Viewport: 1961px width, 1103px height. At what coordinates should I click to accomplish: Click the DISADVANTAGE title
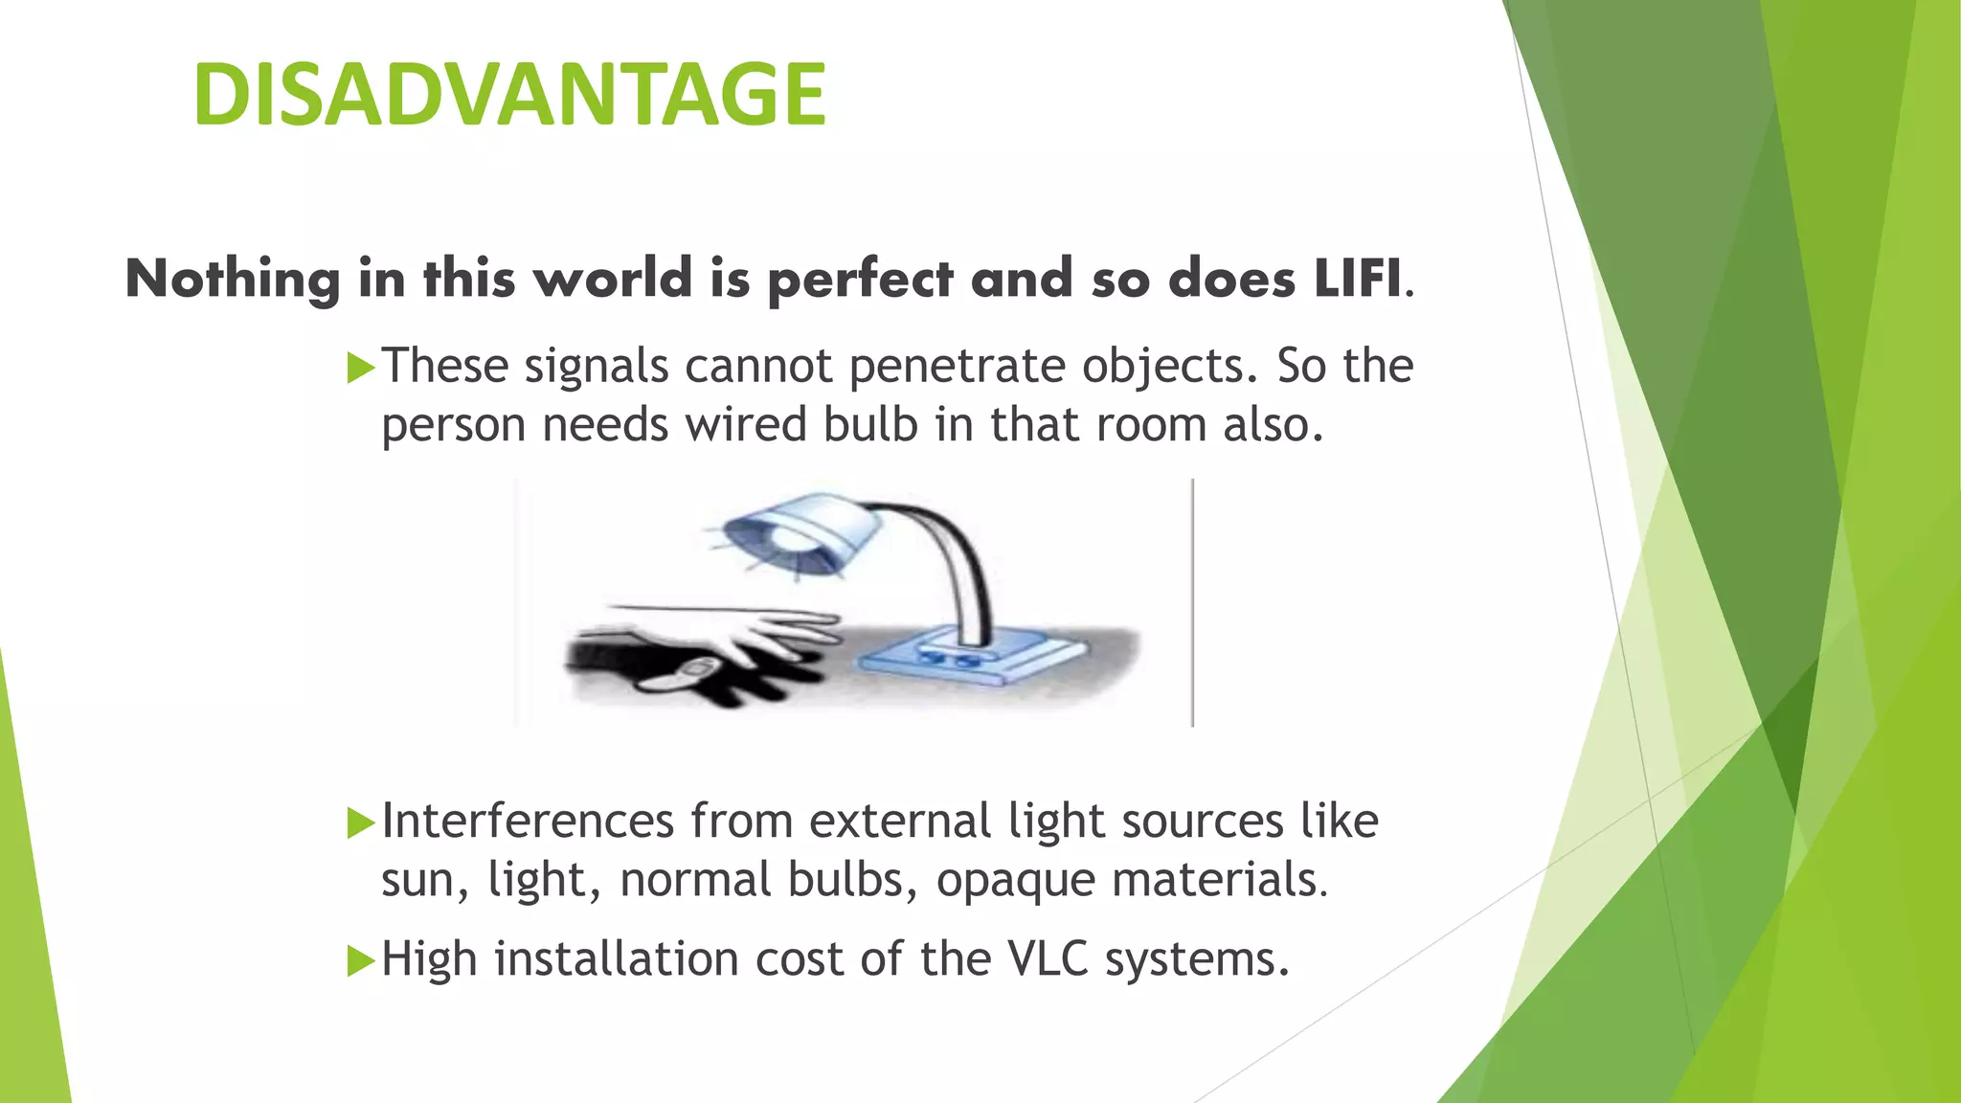coord(508,94)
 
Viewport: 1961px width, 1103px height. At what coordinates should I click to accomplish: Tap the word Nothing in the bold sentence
coord(233,281)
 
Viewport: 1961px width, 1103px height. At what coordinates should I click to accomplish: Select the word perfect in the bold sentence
coord(860,281)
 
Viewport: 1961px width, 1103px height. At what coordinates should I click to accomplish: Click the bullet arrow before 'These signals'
coord(360,368)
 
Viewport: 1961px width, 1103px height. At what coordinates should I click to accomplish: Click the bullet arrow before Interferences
coord(360,822)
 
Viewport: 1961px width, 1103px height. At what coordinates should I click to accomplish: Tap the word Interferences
coord(528,822)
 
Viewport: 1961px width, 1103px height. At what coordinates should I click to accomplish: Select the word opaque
coord(1015,881)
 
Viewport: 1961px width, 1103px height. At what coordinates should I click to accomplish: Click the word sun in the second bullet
coord(416,881)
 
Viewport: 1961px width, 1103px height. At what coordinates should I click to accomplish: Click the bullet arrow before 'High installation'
coord(360,960)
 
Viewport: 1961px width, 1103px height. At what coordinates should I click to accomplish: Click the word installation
coord(616,958)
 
